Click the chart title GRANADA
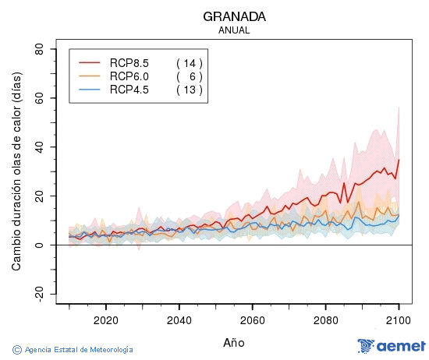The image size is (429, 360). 234,16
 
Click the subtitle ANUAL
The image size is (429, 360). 234,30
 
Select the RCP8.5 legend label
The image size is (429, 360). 129,63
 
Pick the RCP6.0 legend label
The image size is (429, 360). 129,76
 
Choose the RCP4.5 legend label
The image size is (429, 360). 129,90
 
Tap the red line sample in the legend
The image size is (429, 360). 90,63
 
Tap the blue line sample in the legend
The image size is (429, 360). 90,90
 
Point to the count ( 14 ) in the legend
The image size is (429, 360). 189,63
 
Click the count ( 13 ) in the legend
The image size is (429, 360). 189,90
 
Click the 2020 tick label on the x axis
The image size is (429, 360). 105,319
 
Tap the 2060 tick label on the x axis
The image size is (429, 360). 252,319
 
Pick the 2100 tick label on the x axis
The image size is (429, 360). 399,319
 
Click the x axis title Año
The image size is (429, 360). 234,341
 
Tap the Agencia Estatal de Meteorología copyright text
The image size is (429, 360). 73,350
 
